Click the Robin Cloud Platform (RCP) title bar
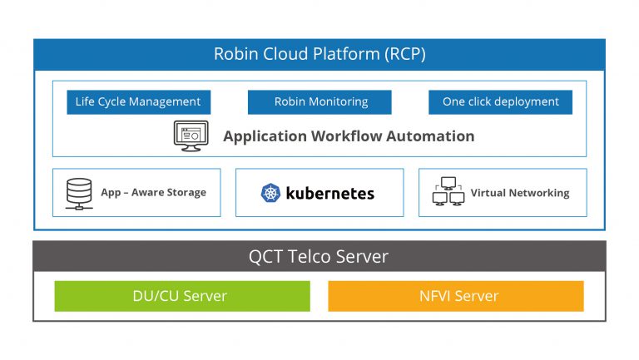(319, 54)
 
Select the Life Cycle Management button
(138, 102)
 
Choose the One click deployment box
(500, 102)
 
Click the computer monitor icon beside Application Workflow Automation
(191, 136)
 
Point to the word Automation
(433, 136)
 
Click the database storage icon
(77, 193)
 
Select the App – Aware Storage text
(153, 193)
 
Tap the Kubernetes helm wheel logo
(271, 194)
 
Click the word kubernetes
(329, 194)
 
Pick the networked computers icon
(448, 192)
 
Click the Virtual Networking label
(519, 193)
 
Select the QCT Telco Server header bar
(319, 257)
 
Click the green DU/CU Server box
(181, 296)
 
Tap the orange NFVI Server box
(455, 296)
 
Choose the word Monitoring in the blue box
(337, 102)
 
